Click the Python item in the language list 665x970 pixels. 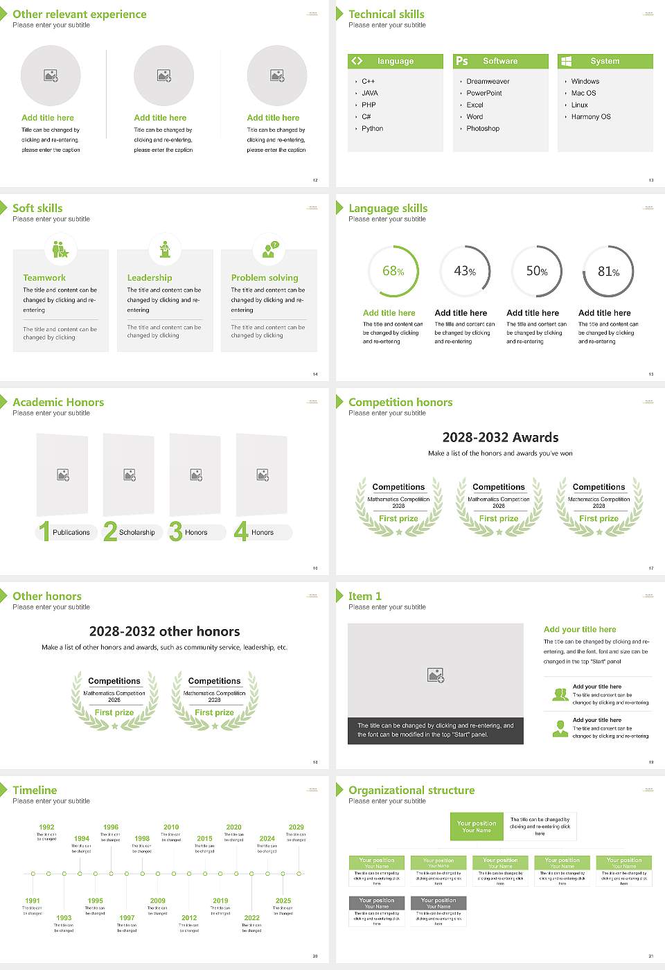(x=372, y=129)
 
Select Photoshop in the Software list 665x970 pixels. (x=482, y=129)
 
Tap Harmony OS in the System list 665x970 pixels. (x=591, y=117)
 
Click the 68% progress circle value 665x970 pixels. (x=393, y=272)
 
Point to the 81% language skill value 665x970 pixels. (x=608, y=272)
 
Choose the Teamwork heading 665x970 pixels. (x=44, y=278)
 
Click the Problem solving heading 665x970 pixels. (x=265, y=278)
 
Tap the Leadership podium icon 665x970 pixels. (x=165, y=249)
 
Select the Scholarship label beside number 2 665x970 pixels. (x=136, y=533)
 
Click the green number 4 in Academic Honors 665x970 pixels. (x=241, y=531)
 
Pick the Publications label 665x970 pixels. (x=71, y=533)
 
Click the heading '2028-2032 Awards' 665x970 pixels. (x=500, y=437)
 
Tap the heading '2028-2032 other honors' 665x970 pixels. (x=165, y=631)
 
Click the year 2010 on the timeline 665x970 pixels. (x=171, y=827)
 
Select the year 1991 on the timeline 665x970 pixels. (x=33, y=901)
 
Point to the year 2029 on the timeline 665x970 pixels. (x=296, y=827)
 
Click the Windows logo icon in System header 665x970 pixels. (x=566, y=61)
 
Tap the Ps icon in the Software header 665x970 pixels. (x=461, y=61)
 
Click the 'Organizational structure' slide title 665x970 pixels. (x=411, y=791)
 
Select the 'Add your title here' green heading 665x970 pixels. (x=580, y=630)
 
